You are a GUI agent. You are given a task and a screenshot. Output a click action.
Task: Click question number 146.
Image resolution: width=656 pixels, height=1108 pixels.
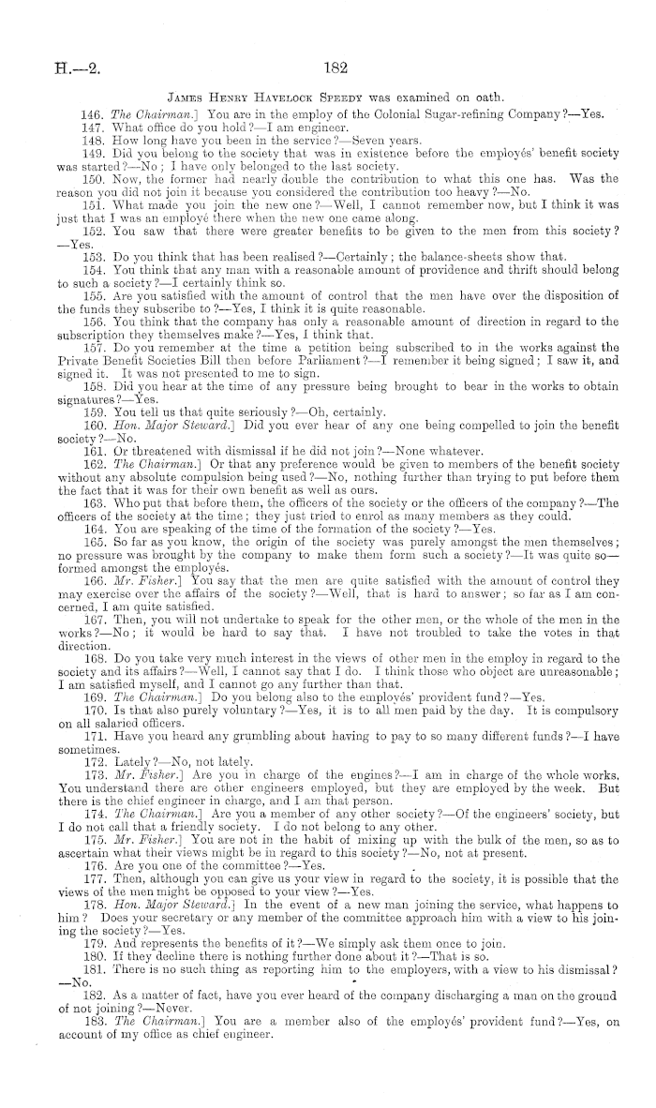pos(93,113)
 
